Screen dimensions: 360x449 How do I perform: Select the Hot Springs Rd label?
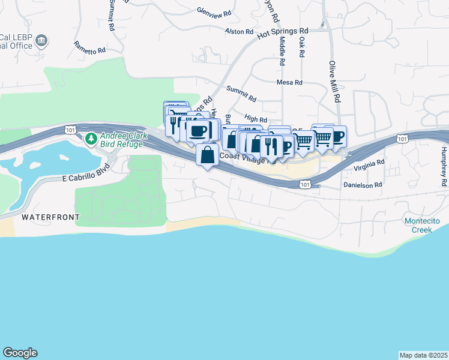coord(282,33)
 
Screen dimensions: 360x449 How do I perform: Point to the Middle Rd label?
coord(282,51)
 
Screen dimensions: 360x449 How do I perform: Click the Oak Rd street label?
coord(302,49)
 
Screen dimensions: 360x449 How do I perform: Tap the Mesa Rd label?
coord(289,82)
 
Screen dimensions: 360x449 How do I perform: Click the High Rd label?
coord(256,119)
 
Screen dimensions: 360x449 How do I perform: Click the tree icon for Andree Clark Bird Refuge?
coord(91,139)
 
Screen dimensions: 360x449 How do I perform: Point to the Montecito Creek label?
coord(422,226)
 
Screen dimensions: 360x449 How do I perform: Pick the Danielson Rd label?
coord(363,185)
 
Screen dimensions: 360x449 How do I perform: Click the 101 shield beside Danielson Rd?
coord(304,185)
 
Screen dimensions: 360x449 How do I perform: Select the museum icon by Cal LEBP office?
coord(42,41)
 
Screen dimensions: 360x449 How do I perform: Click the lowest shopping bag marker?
coord(207,155)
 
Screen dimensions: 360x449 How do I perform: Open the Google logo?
coord(20,353)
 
